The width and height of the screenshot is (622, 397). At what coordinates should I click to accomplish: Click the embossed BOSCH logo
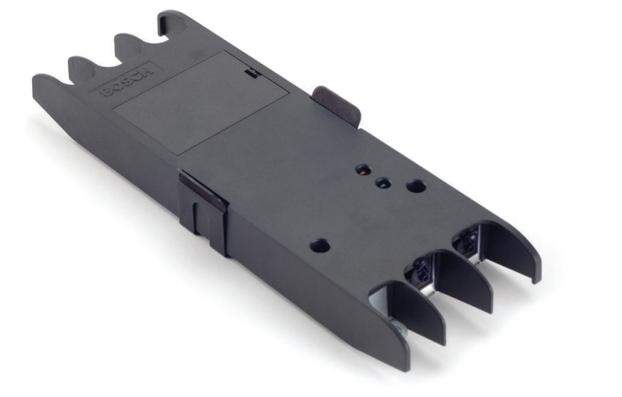(x=126, y=80)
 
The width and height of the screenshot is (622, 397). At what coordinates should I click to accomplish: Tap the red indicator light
(x=364, y=170)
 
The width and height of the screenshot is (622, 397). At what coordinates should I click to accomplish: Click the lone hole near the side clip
(x=320, y=246)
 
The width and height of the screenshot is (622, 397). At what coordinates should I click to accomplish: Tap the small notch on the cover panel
(x=251, y=72)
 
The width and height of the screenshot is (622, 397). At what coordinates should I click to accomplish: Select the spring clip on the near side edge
(x=203, y=212)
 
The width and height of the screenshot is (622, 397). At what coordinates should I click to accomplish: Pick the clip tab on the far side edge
(x=337, y=104)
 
